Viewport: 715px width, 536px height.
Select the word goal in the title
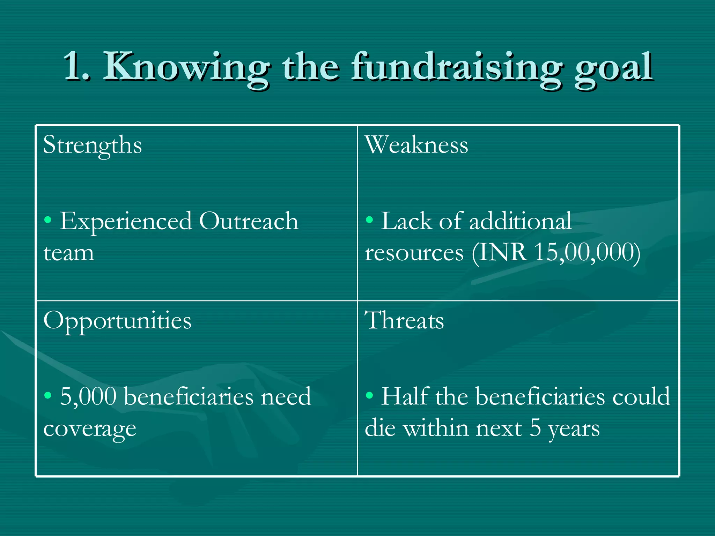point(614,68)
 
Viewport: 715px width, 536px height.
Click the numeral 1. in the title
point(77,66)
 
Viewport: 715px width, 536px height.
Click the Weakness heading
point(417,145)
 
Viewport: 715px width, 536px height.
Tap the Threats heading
point(404,321)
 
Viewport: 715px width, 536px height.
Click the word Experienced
point(126,222)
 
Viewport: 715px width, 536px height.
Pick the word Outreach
point(249,221)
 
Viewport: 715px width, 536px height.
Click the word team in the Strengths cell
point(69,253)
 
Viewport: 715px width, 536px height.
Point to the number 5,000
point(88,397)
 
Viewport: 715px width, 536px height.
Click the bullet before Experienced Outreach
point(48,220)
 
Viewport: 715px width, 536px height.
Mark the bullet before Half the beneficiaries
point(369,395)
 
